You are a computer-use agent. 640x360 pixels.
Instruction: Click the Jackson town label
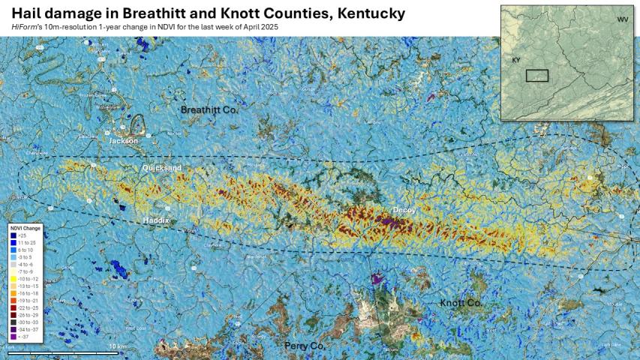123,140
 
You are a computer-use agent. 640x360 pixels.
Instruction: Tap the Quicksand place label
162,169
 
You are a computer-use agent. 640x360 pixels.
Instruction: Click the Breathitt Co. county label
209,110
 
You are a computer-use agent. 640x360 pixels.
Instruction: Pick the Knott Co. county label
461,302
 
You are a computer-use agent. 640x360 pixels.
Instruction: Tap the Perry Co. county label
304,346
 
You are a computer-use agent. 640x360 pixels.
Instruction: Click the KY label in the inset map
516,59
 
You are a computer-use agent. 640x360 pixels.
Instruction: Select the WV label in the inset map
623,19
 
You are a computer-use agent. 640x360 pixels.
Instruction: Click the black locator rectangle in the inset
536,75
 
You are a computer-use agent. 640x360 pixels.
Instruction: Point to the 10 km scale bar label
117,346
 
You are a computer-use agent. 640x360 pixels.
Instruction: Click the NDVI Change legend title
26,227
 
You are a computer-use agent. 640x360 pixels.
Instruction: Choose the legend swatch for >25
14,235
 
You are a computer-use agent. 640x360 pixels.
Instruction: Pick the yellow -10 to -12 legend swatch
14,278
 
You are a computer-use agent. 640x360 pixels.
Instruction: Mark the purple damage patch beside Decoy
389,223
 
